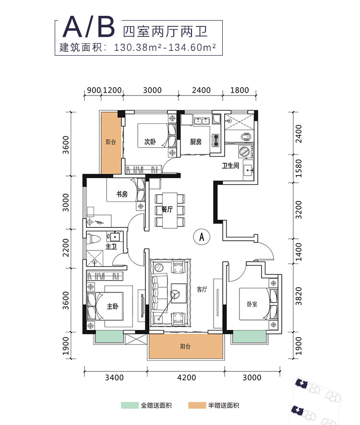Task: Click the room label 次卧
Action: click(149, 142)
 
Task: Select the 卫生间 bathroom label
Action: click(230, 165)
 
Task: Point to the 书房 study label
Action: click(121, 194)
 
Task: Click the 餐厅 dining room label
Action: click(167, 210)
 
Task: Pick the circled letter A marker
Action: click(202, 236)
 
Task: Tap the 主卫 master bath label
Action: click(111, 247)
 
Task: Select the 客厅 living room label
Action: click(202, 290)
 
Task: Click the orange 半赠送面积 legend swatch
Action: click(196, 405)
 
